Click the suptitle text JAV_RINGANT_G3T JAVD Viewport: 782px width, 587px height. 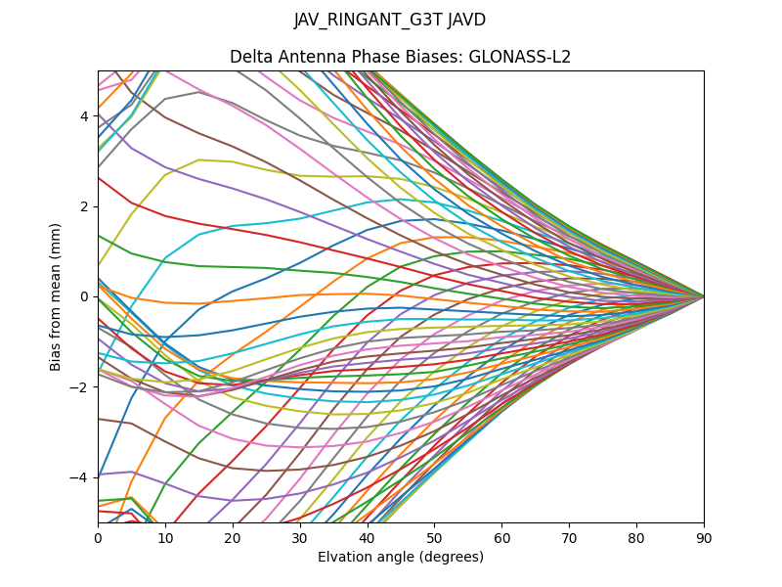click(390, 20)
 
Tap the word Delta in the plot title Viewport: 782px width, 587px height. click(250, 57)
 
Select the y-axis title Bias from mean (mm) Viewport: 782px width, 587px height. click(57, 295)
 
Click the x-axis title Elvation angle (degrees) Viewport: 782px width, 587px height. click(400, 558)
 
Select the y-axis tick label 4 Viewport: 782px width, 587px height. click(85, 116)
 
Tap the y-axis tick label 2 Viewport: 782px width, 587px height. click(85, 206)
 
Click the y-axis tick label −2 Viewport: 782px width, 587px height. click(81, 386)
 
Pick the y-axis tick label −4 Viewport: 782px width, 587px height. click(81, 476)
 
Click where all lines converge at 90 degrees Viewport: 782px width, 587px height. click(703, 296)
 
